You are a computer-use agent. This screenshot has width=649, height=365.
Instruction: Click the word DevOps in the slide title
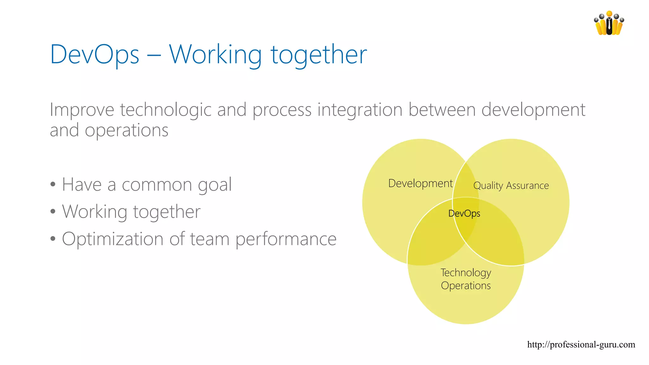tap(94, 54)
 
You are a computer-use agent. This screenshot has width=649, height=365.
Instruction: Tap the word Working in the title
tap(215, 54)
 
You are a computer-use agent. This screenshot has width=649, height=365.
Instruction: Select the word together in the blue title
tap(318, 54)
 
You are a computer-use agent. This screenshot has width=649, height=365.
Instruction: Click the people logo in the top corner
tap(609, 23)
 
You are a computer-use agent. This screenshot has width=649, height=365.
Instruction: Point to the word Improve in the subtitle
tap(82, 110)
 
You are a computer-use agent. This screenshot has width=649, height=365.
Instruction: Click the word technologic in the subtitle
tap(165, 110)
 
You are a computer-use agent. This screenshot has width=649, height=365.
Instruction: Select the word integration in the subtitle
tap(360, 110)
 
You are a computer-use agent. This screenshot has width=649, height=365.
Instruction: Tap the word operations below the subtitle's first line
tap(126, 130)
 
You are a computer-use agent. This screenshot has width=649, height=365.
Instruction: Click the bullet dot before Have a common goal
tap(53, 184)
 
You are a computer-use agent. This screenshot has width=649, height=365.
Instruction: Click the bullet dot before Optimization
tap(53, 239)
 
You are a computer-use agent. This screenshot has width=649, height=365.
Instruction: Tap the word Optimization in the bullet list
tap(112, 239)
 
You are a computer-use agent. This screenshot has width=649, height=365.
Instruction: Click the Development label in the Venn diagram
tap(420, 183)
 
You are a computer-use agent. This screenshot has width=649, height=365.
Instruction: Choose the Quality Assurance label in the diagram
tap(511, 185)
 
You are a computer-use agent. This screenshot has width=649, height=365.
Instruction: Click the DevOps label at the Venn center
tap(464, 214)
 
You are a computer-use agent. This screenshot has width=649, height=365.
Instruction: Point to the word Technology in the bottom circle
tap(466, 273)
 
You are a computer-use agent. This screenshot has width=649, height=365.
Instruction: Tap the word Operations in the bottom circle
tap(466, 286)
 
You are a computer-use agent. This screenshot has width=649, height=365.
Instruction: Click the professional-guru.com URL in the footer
tap(581, 344)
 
